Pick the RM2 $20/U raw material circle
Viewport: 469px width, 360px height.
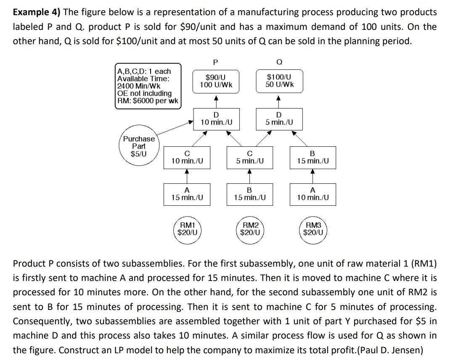(x=250, y=228)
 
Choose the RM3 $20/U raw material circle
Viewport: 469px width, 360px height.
(x=313, y=228)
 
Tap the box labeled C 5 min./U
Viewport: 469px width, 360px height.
(x=250, y=157)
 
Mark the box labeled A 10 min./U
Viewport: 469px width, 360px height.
(x=313, y=194)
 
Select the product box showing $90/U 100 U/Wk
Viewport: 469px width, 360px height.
(x=215, y=81)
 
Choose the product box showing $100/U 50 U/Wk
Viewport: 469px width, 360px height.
(x=279, y=81)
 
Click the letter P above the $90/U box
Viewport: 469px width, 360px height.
(x=215, y=63)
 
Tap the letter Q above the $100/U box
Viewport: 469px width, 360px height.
(x=279, y=63)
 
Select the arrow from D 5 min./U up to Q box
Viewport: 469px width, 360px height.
(x=278, y=101)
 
